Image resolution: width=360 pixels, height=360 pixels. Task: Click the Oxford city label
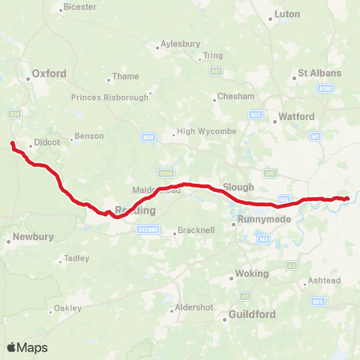(49, 73)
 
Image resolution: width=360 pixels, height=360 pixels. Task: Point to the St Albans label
(319, 73)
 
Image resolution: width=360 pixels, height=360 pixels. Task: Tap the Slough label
(238, 187)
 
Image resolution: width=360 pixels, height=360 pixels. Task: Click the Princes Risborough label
(109, 97)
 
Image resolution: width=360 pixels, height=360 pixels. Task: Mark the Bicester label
(82, 7)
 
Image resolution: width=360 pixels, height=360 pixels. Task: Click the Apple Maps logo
(27, 347)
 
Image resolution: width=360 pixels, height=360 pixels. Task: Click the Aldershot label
(193, 307)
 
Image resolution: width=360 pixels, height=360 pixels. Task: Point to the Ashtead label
(325, 280)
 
